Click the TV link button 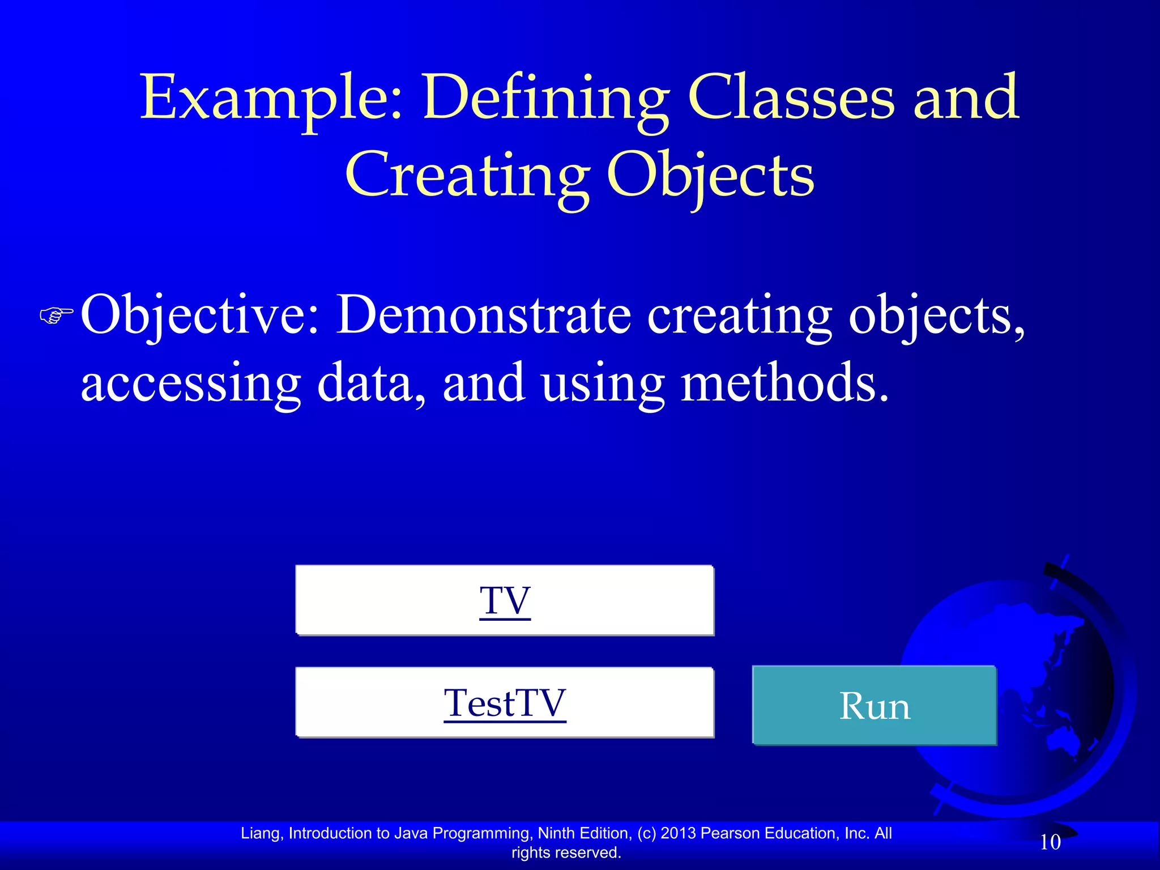(x=504, y=600)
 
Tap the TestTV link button (x=504, y=703)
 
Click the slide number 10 (x=1050, y=842)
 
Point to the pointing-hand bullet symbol (x=57, y=315)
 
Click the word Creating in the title (x=467, y=176)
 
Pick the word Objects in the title (x=710, y=176)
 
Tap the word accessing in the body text (x=190, y=383)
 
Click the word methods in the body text (x=784, y=383)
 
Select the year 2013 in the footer (x=679, y=833)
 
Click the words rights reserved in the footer (x=566, y=852)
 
